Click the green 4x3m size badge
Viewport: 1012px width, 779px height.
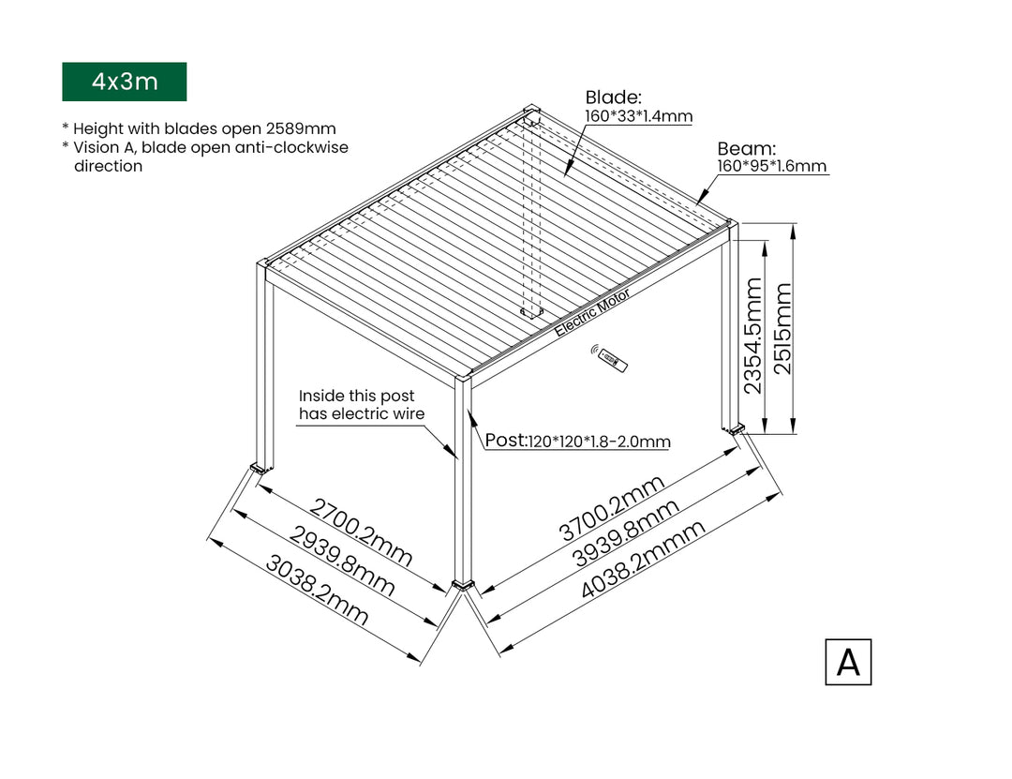pyautogui.click(x=124, y=82)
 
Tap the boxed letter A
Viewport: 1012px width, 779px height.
pyautogui.click(x=847, y=662)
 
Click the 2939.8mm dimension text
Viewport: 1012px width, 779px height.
pyautogui.click(x=342, y=561)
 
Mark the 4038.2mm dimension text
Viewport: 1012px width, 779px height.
pyautogui.click(x=643, y=561)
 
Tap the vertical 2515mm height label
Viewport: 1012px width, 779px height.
pyautogui.click(x=782, y=328)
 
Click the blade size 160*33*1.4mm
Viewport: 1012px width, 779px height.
pyautogui.click(x=638, y=117)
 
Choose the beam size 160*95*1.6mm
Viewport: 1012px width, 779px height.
pyautogui.click(x=772, y=167)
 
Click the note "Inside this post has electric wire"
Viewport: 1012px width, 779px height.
pyautogui.click(x=361, y=405)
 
